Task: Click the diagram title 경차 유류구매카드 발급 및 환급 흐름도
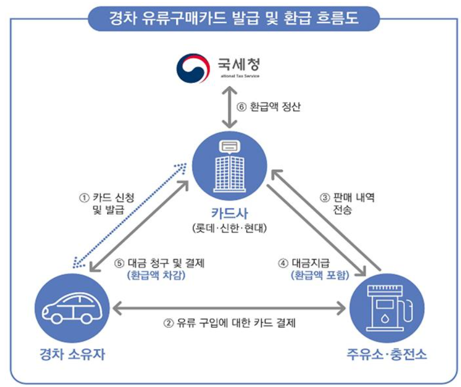(233, 19)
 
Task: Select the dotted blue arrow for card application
(129, 215)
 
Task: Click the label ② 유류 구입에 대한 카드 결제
(229, 322)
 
